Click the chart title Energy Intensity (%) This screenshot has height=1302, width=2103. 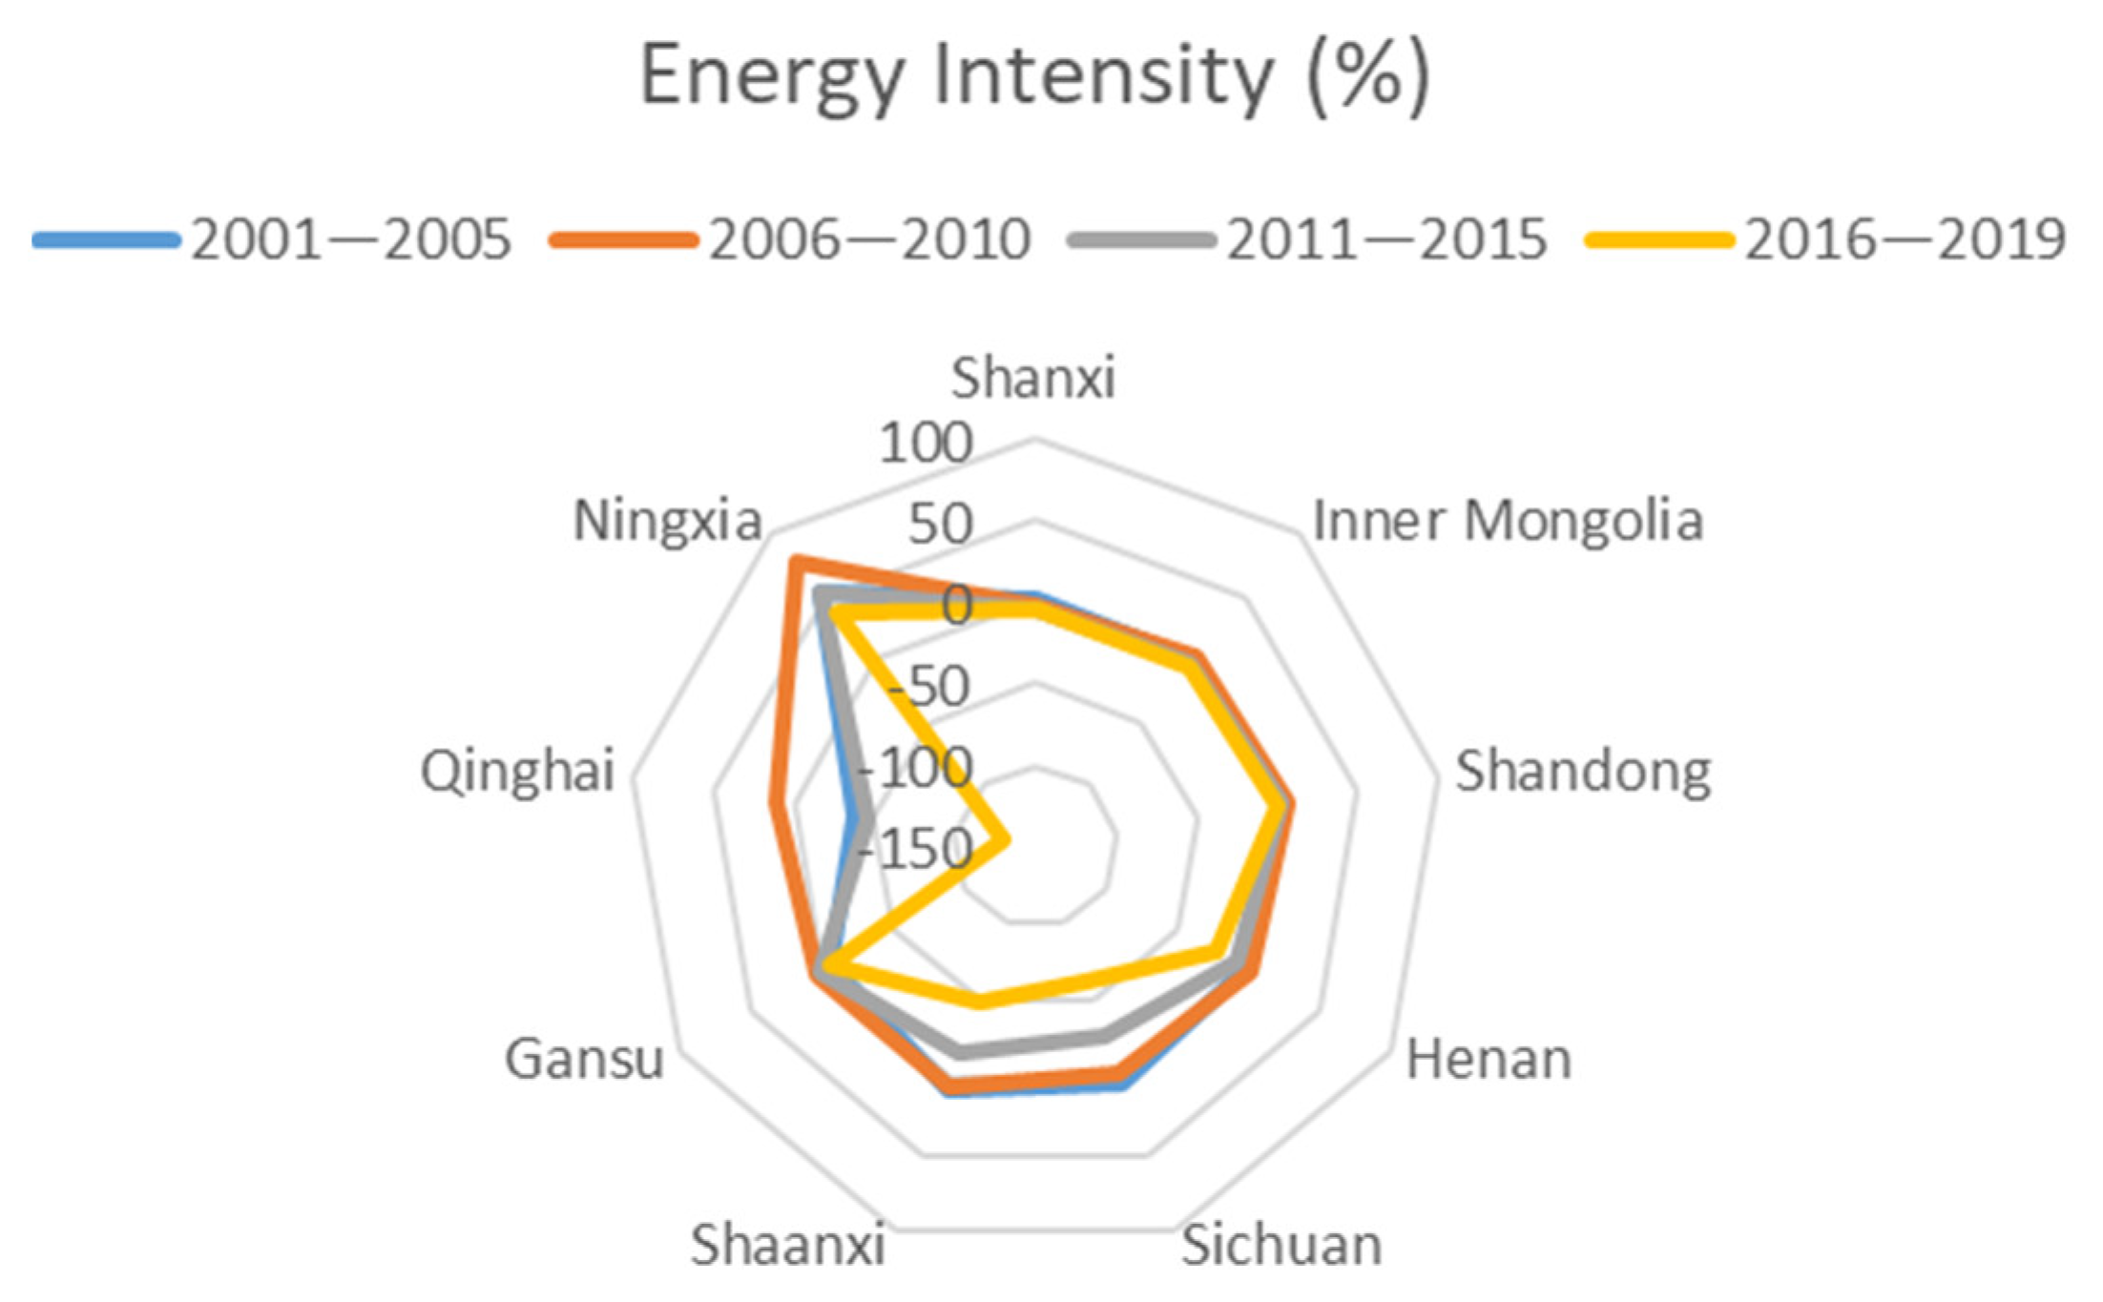[1034, 76]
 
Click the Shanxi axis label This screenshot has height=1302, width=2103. [1033, 378]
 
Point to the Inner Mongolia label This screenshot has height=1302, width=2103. [1508, 521]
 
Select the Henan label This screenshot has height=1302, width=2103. [1489, 1060]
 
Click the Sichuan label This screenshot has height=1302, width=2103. [1281, 1245]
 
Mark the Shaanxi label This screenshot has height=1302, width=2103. [788, 1245]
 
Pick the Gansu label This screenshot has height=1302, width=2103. [584, 1060]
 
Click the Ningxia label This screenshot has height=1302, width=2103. [667, 521]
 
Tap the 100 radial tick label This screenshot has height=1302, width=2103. [926, 443]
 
